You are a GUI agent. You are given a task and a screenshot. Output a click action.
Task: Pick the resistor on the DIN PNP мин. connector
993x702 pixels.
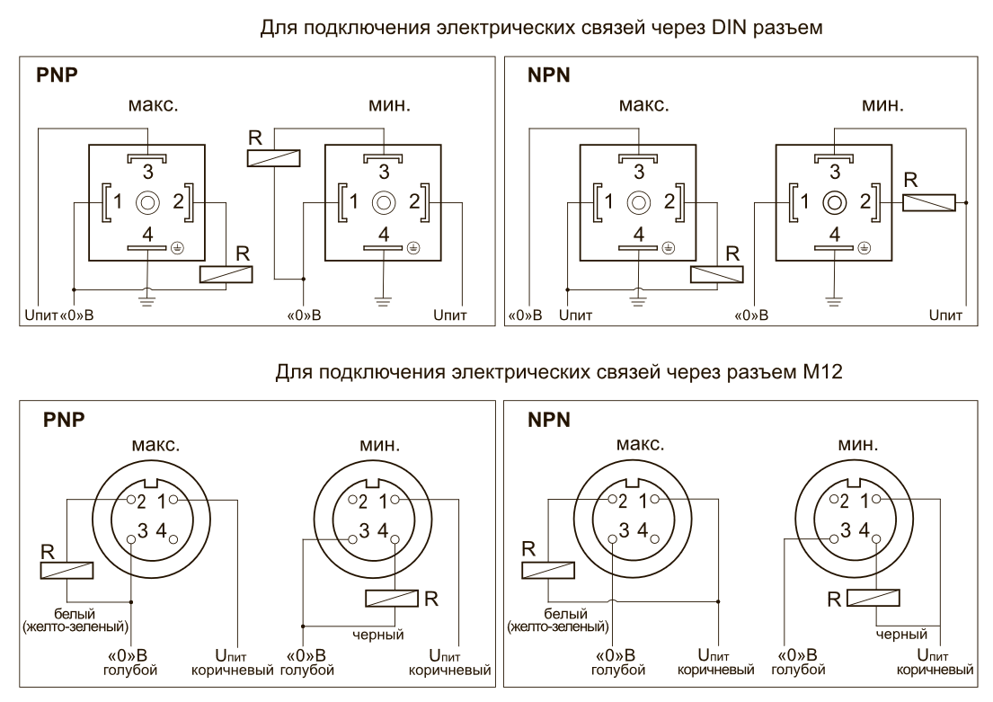click(273, 158)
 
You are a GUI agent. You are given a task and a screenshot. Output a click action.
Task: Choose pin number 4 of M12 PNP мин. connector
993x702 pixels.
click(383, 531)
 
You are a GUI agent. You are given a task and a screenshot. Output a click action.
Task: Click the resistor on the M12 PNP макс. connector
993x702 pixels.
click(66, 569)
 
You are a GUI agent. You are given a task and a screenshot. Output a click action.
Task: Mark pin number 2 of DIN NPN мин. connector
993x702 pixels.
click(865, 200)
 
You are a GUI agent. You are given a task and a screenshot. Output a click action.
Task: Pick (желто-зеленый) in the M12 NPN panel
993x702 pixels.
click(557, 625)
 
